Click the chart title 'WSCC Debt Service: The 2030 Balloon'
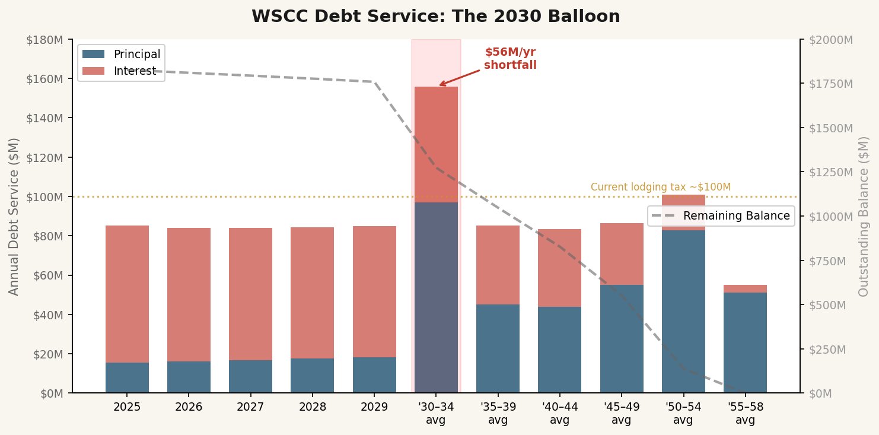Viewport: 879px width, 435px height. (x=436, y=16)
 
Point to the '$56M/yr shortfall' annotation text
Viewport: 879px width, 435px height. (x=510, y=59)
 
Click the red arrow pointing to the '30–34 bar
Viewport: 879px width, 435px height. (x=459, y=77)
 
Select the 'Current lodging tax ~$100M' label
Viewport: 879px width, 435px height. (x=660, y=187)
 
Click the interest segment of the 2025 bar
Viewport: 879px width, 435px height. (x=127, y=294)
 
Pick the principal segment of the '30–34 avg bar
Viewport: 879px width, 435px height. (x=436, y=297)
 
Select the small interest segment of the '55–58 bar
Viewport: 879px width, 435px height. (x=745, y=288)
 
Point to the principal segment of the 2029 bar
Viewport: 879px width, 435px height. (x=374, y=374)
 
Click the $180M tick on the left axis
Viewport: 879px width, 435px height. (x=45, y=40)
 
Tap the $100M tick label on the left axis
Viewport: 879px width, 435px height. (x=45, y=196)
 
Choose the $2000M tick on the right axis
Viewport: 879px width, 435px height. (x=830, y=40)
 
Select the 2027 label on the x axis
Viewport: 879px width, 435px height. (x=250, y=407)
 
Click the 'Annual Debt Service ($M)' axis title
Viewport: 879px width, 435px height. (x=14, y=216)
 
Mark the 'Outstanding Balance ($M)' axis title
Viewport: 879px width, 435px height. (x=864, y=216)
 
